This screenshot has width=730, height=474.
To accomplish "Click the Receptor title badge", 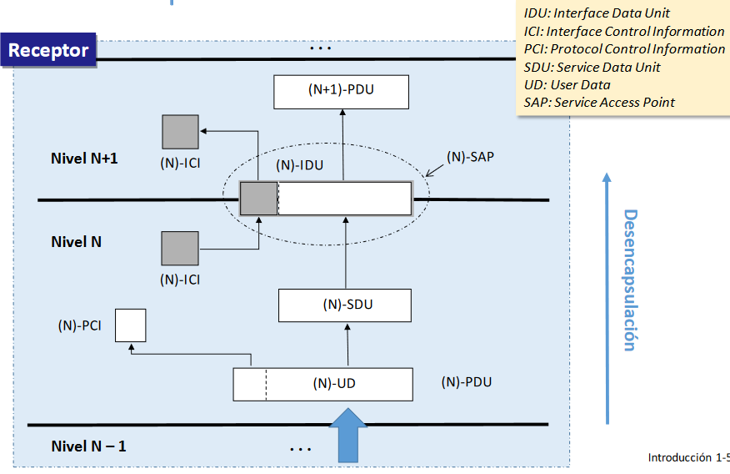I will point(48,50).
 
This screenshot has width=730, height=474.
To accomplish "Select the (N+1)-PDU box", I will point(341,92).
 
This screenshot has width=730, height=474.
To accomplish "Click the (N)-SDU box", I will point(344,305).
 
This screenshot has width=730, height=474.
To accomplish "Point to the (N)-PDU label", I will point(466,382).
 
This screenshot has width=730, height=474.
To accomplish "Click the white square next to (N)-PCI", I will point(130,325).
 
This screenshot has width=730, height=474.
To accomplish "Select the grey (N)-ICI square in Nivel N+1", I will point(180,133).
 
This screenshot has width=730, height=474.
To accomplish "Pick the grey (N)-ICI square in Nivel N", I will point(180,250).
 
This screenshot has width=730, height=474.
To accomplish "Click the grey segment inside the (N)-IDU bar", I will point(258,199).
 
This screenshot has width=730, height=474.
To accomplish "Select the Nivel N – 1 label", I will point(88,446).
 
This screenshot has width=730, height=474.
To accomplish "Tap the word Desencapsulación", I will point(630,280).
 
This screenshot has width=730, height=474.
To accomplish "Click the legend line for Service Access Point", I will point(599,103).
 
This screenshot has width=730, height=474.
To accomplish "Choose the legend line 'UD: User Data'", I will point(567,84).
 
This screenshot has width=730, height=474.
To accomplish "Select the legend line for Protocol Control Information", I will point(624,48).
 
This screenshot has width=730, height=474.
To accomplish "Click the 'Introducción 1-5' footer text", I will point(687,457).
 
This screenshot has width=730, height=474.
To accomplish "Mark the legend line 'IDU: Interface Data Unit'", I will point(597,13).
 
